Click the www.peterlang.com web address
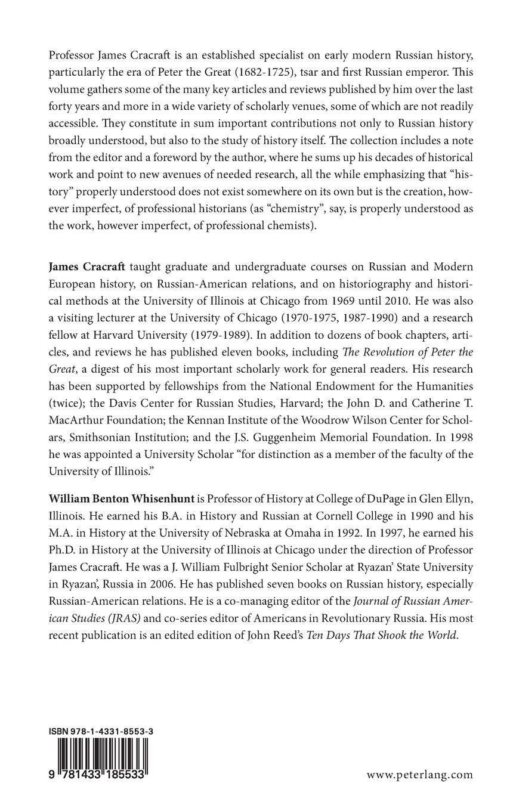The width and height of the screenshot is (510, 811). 419,775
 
